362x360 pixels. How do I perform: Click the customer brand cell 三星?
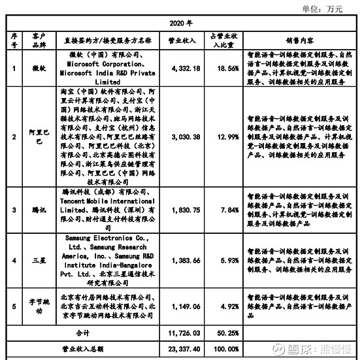[36, 260]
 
